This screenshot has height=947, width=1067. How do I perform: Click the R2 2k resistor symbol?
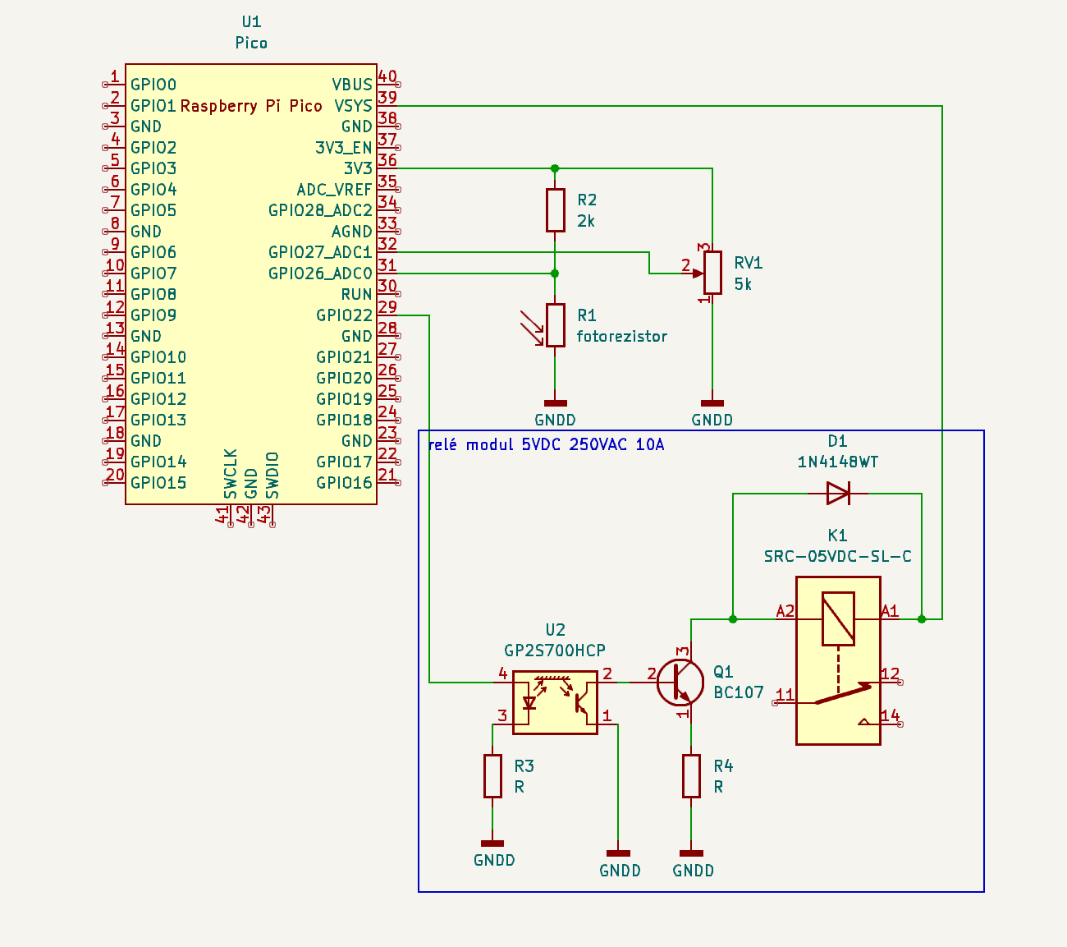pyautogui.click(x=556, y=209)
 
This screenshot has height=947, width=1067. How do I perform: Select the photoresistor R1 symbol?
pyautogui.click(x=556, y=325)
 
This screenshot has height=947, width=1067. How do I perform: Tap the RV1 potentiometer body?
pyautogui.click(x=712, y=273)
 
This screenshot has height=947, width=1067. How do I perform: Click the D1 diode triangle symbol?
pyautogui.click(x=838, y=494)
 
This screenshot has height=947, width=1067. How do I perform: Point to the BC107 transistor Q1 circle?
pyautogui.click(x=681, y=683)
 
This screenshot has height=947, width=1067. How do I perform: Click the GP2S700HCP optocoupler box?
pyautogui.click(x=555, y=702)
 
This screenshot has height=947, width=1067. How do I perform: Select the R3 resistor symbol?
pyautogui.click(x=492, y=776)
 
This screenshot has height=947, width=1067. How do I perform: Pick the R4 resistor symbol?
pyautogui.click(x=691, y=776)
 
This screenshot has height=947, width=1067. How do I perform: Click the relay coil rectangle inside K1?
pyautogui.click(x=838, y=618)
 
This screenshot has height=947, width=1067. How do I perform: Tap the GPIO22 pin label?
pyautogui.click(x=344, y=315)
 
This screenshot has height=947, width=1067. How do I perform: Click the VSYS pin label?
pyautogui.click(x=353, y=106)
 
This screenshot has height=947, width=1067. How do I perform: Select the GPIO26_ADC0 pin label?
pyautogui.click(x=320, y=274)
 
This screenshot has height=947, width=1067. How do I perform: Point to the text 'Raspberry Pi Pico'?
pyautogui.click(x=251, y=106)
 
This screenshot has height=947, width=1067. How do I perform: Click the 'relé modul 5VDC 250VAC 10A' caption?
pyautogui.click(x=546, y=444)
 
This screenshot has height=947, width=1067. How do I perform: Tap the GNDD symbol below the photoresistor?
pyautogui.click(x=556, y=404)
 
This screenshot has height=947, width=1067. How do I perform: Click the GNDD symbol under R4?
pyautogui.click(x=691, y=855)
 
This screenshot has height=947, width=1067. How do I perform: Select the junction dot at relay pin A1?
pyautogui.click(x=922, y=618)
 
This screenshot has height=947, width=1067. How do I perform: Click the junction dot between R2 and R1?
pyautogui.click(x=555, y=274)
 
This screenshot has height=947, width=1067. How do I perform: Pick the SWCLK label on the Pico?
pyautogui.click(x=231, y=473)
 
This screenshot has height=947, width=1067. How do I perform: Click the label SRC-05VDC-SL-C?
pyautogui.click(x=837, y=556)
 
